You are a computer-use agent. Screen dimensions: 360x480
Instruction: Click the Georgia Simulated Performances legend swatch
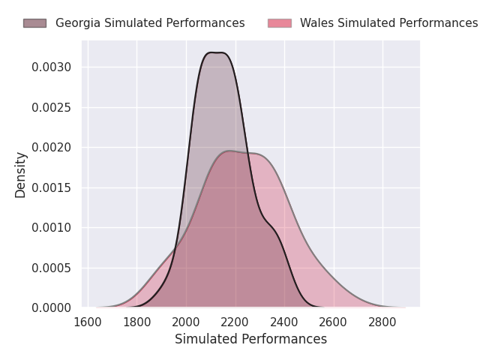tap(34, 23)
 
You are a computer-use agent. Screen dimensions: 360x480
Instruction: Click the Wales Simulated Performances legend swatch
tap(279, 23)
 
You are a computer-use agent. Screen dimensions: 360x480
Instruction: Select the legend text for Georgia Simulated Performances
tap(150, 23)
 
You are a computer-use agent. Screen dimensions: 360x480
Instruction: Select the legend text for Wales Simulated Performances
tap(388, 23)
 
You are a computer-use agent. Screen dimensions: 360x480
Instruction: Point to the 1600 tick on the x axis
tap(88, 322)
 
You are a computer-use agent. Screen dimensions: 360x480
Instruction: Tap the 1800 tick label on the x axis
tap(136, 322)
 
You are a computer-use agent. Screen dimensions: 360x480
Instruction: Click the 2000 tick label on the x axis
tap(186, 322)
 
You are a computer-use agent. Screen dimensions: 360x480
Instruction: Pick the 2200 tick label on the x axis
tap(235, 322)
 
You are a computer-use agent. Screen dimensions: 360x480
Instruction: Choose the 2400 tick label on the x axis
tap(284, 322)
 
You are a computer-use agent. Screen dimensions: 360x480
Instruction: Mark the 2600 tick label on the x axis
tap(334, 322)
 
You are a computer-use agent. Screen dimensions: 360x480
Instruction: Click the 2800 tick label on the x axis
tap(382, 322)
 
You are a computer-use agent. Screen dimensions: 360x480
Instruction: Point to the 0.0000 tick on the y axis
tap(52, 307)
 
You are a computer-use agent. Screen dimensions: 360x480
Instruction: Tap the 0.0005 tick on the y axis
tap(52, 268)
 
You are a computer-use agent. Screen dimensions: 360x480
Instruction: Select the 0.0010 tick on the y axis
tap(52, 227)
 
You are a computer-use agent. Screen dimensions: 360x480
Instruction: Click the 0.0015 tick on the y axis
tap(52, 187)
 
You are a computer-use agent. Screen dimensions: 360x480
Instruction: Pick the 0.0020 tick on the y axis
tap(52, 148)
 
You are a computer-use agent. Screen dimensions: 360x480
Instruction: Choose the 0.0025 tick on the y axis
tap(52, 107)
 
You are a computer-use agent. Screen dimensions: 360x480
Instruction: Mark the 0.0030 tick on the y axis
tap(52, 67)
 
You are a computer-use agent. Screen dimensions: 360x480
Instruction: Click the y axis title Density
tap(21, 174)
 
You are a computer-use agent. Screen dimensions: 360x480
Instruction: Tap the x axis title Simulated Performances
tap(250, 339)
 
